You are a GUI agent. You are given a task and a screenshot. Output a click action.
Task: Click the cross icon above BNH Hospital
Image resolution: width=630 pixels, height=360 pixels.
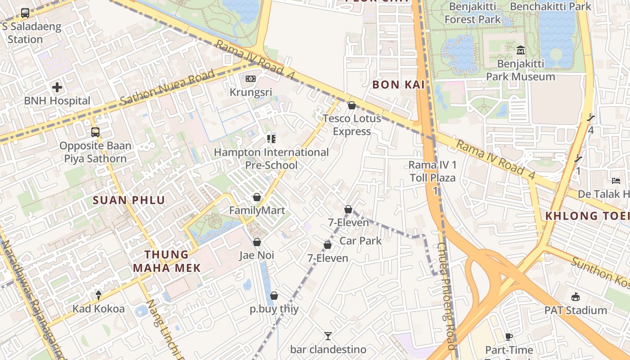[x=57, y=87]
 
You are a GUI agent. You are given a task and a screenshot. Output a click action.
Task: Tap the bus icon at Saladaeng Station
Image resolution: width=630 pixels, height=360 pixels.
[x=25, y=13]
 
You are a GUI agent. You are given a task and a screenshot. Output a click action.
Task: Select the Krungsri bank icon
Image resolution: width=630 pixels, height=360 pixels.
[x=251, y=79]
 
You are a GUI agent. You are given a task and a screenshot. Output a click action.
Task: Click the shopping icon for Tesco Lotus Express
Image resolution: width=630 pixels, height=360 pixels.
[x=352, y=105]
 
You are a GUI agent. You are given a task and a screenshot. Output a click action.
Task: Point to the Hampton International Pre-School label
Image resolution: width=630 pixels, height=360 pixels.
[x=271, y=158]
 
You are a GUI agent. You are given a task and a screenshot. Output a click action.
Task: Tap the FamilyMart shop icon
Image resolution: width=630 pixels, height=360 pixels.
[x=256, y=197]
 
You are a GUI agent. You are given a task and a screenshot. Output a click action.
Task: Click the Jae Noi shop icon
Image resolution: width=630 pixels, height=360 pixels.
[x=257, y=242]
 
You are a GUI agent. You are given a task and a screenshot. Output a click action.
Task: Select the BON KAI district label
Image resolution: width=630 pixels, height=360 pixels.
[x=398, y=85]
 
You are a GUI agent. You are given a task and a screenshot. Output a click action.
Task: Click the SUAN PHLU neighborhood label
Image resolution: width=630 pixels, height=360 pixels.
[x=129, y=200]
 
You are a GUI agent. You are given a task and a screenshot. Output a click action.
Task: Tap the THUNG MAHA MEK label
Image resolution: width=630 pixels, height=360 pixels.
[x=166, y=261]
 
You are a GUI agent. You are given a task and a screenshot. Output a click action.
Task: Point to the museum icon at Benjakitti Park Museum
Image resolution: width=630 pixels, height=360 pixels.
[x=521, y=50]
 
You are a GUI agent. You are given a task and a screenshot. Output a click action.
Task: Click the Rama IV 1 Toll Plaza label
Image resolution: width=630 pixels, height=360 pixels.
[x=432, y=171]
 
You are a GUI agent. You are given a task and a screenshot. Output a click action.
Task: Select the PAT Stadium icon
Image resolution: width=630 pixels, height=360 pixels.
[x=576, y=297]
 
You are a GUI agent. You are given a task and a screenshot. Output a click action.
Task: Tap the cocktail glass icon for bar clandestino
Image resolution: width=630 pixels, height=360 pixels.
[x=328, y=336]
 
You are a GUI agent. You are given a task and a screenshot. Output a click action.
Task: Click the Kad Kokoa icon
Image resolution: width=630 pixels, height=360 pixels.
[x=99, y=295]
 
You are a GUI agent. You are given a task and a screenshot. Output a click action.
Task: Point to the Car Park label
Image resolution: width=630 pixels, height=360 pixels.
[x=360, y=241]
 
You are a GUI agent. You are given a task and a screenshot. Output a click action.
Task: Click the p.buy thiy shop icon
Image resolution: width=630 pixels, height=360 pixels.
[x=274, y=296]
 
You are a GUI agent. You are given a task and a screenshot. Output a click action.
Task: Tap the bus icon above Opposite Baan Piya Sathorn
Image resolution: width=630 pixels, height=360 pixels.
[x=95, y=132]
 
